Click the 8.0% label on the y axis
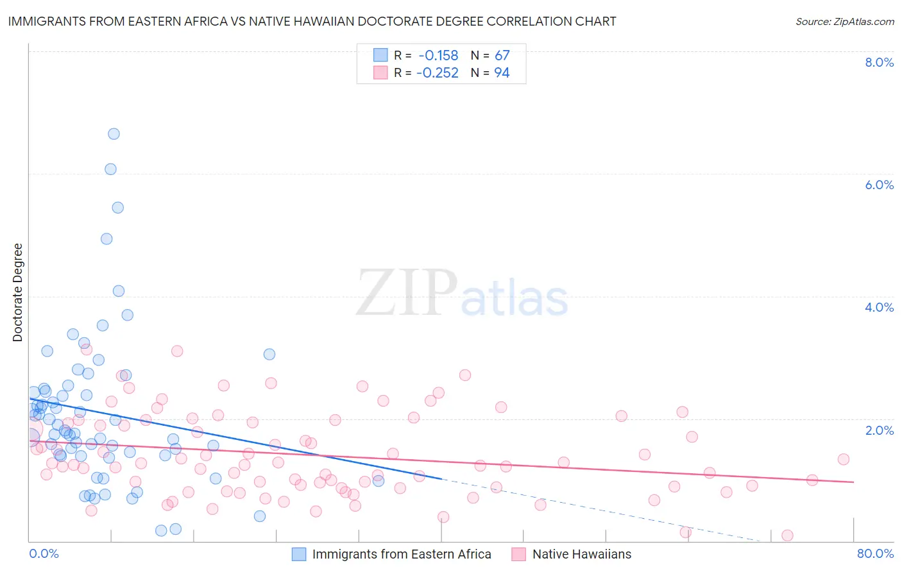(x=879, y=62)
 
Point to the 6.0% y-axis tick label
(x=879, y=185)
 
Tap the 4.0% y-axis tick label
(x=879, y=307)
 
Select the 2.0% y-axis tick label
(x=879, y=430)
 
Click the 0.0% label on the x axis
(x=44, y=553)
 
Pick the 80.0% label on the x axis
(x=875, y=553)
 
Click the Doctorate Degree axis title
(x=18, y=292)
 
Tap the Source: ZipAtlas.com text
(x=844, y=21)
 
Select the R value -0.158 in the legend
(x=438, y=55)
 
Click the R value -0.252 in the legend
(x=437, y=72)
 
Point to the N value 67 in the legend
(x=502, y=55)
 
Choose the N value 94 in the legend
(x=502, y=72)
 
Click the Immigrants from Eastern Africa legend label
(x=402, y=554)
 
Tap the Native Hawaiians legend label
(x=582, y=554)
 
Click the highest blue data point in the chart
(x=114, y=134)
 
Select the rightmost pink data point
(x=844, y=459)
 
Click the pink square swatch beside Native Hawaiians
(x=518, y=554)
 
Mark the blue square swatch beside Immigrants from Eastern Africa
(x=299, y=554)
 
